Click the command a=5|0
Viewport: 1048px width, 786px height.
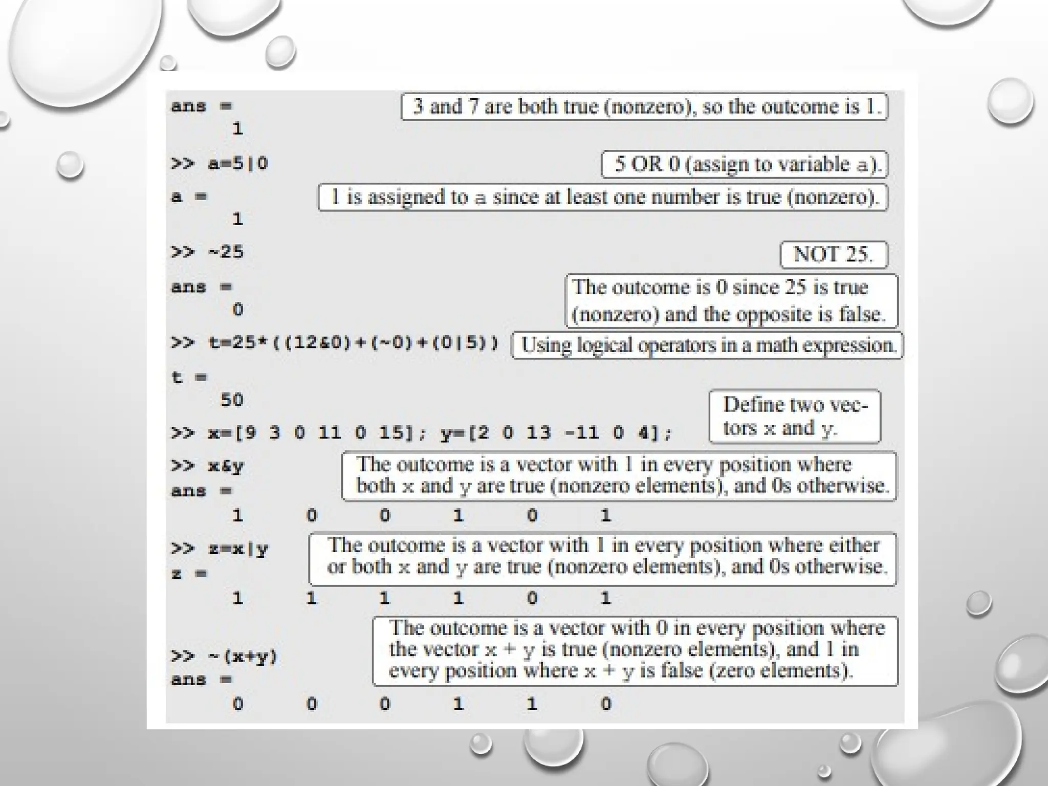pos(238,164)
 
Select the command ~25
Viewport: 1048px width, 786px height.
pos(226,252)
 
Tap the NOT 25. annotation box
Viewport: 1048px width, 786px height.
pos(834,254)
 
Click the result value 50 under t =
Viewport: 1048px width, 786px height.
pos(232,400)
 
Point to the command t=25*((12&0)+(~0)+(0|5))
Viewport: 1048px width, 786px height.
pos(353,342)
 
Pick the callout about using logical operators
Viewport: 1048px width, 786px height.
pos(708,345)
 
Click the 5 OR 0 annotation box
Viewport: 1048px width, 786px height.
pos(744,165)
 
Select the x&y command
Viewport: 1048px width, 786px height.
pos(226,466)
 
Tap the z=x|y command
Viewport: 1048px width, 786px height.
pos(238,549)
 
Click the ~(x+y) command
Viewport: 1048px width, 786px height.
pos(243,656)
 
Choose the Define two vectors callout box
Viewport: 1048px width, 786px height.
pos(794,417)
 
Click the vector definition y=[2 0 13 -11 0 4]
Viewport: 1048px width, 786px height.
pos(556,433)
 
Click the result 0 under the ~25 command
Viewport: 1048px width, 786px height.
pos(238,309)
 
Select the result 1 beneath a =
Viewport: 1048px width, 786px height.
pos(238,219)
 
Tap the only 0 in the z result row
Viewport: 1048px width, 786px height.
pos(532,598)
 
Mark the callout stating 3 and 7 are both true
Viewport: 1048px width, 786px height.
pos(644,107)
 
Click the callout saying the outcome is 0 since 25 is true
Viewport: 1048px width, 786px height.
pos(731,301)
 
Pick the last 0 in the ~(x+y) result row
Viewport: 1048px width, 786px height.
pos(606,704)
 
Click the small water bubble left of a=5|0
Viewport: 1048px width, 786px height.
pos(70,165)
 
